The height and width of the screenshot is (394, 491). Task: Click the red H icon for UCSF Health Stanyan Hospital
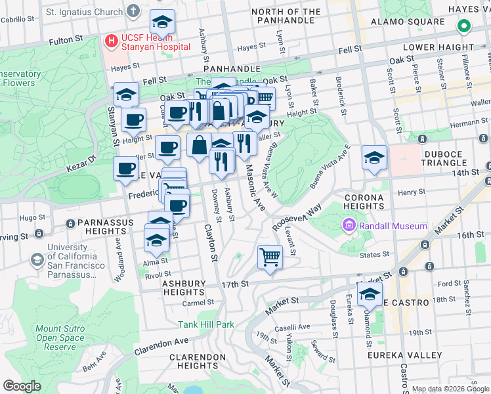111,41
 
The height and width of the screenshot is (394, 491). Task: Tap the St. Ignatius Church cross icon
134,11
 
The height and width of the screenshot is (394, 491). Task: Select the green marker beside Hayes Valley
464,27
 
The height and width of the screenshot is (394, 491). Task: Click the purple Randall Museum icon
348,227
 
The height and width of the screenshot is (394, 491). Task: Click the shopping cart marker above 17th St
270,256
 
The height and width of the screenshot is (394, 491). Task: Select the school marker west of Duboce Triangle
374,158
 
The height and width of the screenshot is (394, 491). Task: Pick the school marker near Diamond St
370,294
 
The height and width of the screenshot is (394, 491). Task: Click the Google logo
22,386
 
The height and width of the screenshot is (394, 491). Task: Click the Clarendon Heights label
194,361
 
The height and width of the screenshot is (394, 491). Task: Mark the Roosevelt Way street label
297,215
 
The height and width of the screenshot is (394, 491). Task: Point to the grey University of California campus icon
37,260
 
